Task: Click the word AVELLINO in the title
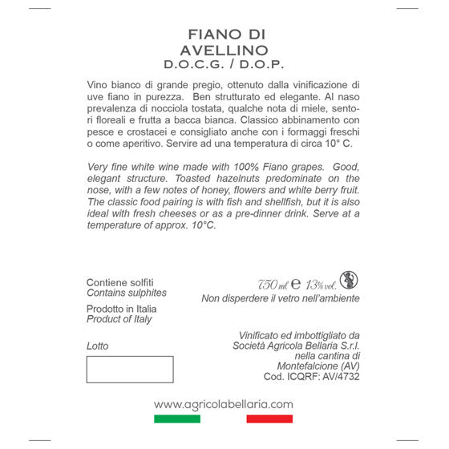[224, 51]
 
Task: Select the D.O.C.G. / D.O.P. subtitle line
[224, 64]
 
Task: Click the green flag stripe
[177, 419]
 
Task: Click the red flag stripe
[270, 419]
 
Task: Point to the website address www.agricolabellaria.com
[224, 404]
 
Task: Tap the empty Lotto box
[130, 370]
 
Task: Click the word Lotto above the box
[97, 346]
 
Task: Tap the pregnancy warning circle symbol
[350, 281]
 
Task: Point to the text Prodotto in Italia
[122, 309]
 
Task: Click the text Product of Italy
[119, 319]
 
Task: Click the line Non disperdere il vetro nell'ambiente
[281, 299]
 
